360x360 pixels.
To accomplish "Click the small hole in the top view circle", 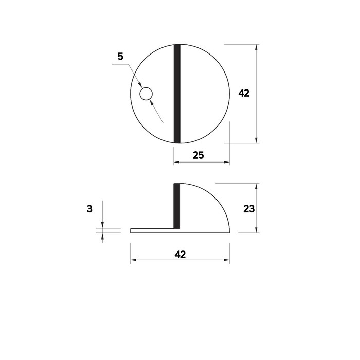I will point(146,94).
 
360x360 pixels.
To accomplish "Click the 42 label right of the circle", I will point(244,94).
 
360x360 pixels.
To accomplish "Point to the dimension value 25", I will point(199,155).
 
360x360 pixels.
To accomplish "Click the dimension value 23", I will point(249,209).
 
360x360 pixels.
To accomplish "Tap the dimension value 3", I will point(89,209).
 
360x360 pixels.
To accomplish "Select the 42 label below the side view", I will point(179,254).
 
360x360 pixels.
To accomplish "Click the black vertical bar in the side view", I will point(177,206).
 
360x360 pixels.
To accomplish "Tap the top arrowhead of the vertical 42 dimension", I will point(257,48).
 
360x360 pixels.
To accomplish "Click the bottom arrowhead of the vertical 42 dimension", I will point(257,140).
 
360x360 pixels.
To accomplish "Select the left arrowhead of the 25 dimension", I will point(176,163).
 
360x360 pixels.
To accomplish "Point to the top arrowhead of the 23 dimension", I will point(257,186).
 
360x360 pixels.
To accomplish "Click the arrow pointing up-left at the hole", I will point(151,102).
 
